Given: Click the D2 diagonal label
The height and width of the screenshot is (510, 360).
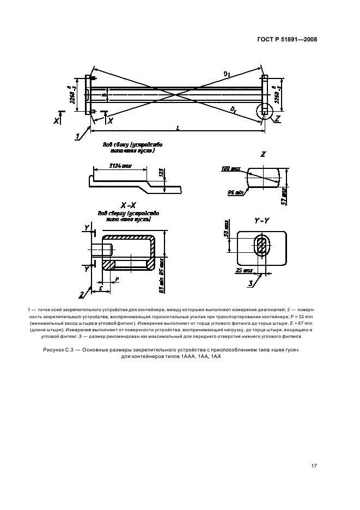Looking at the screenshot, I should [x=227, y=72].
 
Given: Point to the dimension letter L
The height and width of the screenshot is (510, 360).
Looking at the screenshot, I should [x=179, y=127].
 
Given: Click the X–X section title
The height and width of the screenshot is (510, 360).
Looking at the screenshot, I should [x=128, y=206].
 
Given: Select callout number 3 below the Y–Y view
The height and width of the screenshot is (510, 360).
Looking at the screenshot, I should [x=251, y=284].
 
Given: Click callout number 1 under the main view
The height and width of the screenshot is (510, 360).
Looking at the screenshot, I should [x=78, y=135].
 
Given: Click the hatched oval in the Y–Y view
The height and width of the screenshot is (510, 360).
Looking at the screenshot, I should [x=262, y=246].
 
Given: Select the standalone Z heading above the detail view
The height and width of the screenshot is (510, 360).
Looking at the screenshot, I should [x=263, y=154].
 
